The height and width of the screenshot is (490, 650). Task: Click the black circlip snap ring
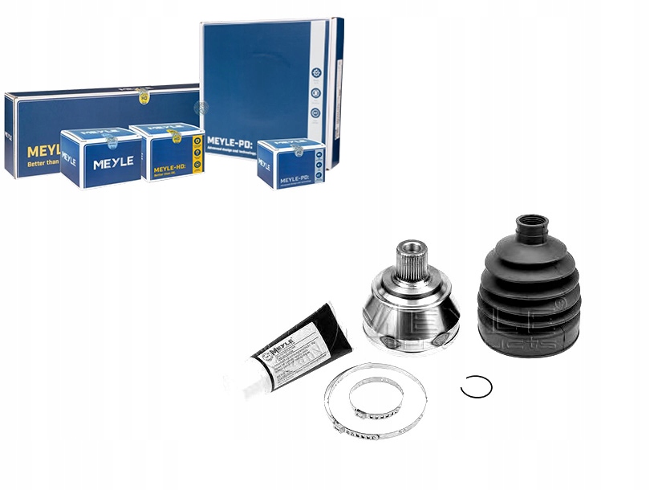(x=476, y=386)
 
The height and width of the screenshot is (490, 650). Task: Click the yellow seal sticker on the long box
(x=142, y=95)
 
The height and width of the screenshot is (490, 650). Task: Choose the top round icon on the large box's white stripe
(x=316, y=71)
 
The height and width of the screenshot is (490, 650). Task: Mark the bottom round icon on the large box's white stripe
(x=316, y=113)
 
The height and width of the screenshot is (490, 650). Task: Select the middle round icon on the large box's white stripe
(x=316, y=92)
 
